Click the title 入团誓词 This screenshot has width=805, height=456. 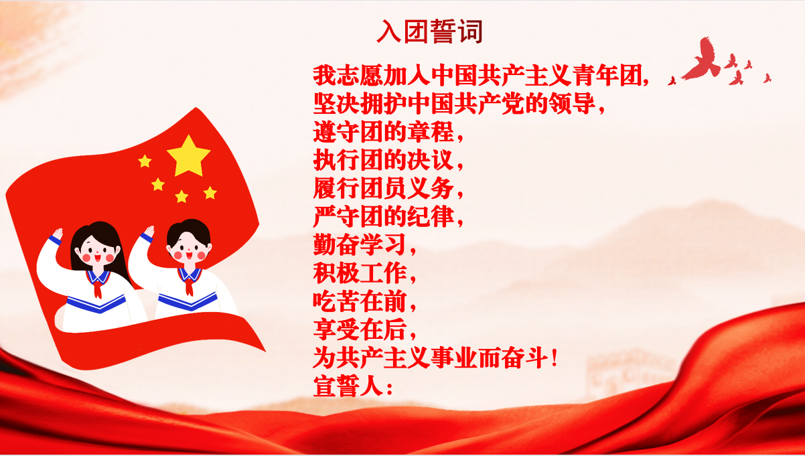(429, 31)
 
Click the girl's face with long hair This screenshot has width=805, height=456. (97, 252)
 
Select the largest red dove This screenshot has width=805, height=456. (701, 60)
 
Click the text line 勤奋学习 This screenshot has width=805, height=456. (360, 244)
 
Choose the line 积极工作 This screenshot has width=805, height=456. (360, 273)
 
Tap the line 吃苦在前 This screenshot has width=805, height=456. (360, 301)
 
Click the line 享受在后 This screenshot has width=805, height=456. (360, 330)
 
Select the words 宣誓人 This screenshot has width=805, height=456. (348, 386)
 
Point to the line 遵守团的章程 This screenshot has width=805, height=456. (383, 132)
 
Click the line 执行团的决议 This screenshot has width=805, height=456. (383, 160)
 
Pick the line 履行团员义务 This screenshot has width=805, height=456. (383, 188)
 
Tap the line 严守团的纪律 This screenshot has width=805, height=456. (383, 217)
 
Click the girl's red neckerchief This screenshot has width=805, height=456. (97, 289)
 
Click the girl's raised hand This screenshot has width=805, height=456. (58, 234)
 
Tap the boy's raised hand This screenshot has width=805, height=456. (149, 231)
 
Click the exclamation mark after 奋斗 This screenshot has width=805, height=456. (555, 358)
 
